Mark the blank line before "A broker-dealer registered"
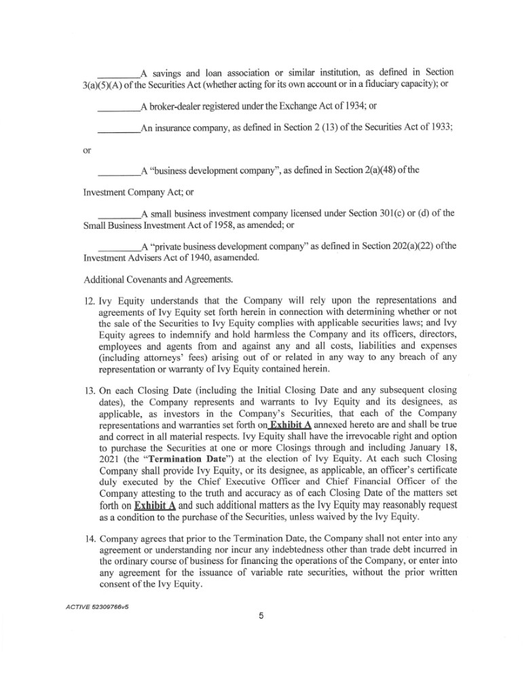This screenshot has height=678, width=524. pos(118,107)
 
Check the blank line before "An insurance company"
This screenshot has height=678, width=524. pos(118,130)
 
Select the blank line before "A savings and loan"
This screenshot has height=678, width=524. pos(118,73)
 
